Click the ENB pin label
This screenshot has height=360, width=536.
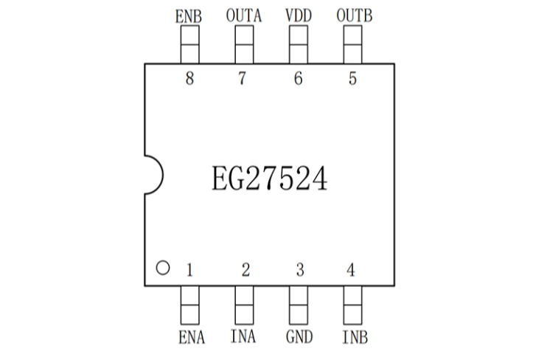[x=190, y=15]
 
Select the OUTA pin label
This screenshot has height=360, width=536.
[x=244, y=15]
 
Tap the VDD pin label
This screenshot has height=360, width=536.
[x=298, y=15]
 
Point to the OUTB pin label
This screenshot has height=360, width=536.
[x=352, y=15]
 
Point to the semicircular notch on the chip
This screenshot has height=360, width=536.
[x=153, y=175]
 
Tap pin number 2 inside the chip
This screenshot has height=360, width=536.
[x=246, y=271]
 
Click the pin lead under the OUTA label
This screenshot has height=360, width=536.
[x=244, y=44]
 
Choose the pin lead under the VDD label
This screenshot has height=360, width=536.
[x=298, y=44]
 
